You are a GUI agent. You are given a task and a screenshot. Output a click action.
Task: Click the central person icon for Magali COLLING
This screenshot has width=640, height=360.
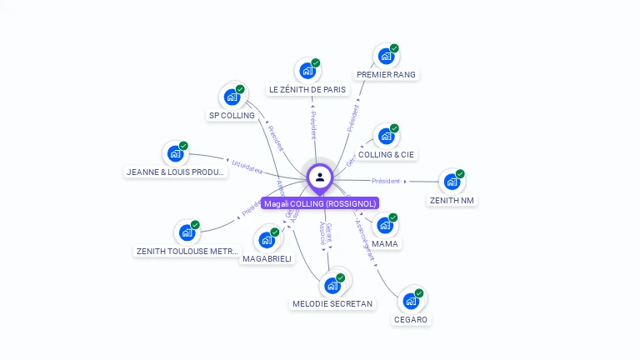point(320,177)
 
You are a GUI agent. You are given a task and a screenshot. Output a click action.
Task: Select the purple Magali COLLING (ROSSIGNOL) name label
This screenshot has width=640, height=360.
point(320,203)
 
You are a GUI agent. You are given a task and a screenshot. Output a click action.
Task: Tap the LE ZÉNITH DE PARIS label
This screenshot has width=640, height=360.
point(307,89)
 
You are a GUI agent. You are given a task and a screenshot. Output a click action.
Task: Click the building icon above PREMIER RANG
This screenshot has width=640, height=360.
point(385,57)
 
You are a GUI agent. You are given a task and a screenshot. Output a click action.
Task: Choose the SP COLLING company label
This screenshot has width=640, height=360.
point(232,116)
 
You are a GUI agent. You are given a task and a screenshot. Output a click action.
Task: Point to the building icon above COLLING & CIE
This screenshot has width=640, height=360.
point(385,137)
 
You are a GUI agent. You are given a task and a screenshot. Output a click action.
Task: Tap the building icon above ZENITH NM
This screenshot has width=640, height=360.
point(451,182)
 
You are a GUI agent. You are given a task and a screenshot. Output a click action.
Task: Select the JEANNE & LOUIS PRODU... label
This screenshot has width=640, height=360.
point(176,172)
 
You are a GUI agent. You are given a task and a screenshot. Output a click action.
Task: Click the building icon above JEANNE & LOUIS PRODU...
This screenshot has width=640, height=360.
point(175,154)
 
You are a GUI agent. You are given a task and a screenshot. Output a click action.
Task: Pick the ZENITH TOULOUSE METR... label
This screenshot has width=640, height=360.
point(187,251)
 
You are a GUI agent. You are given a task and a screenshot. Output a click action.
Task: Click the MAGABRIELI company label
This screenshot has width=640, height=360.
point(267,259)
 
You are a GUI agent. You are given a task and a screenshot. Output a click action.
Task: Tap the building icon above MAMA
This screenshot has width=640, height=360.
point(384,225)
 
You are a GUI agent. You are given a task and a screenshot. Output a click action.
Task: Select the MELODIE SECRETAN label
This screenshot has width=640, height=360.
point(332,304)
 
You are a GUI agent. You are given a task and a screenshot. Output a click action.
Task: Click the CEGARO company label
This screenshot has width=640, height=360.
point(411,320)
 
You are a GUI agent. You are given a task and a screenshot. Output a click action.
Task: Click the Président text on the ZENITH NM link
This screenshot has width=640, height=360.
point(387,181)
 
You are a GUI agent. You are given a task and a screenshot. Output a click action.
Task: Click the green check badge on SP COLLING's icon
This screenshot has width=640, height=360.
point(240,89)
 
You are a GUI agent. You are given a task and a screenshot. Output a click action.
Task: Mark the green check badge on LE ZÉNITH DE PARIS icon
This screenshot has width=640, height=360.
point(316,63)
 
